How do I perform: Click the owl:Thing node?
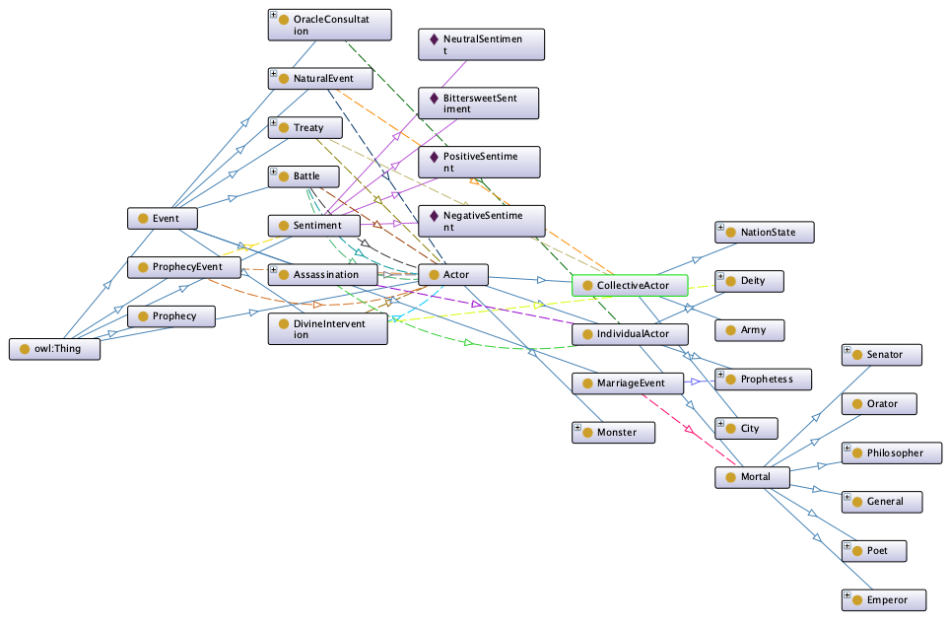click(x=54, y=349)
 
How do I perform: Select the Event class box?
click(x=165, y=218)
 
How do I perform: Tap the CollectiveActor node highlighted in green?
click(x=628, y=285)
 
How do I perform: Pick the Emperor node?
click(x=884, y=599)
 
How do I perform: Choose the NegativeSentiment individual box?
click(x=479, y=220)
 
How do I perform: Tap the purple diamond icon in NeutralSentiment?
click(x=433, y=40)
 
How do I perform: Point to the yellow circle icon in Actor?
click(x=434, y=273)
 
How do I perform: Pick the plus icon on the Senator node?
click(x=846, y=350)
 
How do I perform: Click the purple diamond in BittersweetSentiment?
click(x=433, y=99)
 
